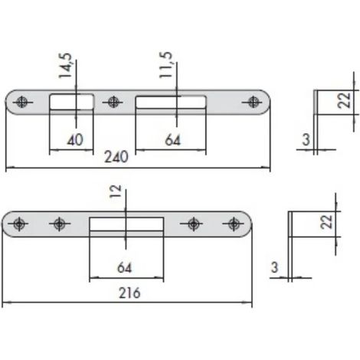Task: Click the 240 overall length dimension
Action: click(116, 157)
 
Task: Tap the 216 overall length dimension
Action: click(129, 293)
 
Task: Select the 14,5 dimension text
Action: click(65, 65)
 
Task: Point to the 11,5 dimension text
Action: click(165, 64)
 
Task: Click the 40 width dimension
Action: click(75, 140)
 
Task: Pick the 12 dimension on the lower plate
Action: click(115, 191)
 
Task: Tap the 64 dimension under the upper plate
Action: click(172, 140)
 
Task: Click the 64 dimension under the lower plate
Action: click(124, 267)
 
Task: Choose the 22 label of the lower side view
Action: click(326, 221)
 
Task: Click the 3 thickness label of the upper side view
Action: click(306, 139)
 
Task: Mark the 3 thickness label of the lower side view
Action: click(274, 267)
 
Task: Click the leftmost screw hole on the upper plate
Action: click(22, 102)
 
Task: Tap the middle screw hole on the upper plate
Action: click(113, 102)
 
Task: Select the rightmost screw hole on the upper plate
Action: click(253, 102)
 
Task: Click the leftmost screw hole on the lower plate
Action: click(18, 224)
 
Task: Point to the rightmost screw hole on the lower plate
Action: click(234, 224)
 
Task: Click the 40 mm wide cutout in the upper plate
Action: click(71, 102)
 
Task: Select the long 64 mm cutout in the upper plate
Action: click(171, 102)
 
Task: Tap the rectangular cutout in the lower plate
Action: click(126, 224)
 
